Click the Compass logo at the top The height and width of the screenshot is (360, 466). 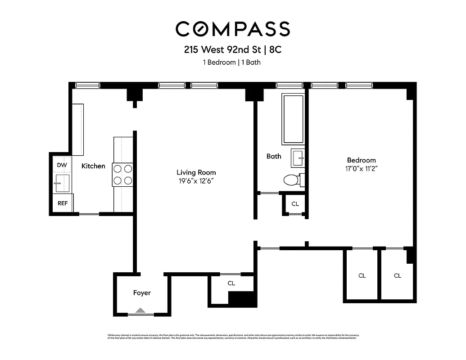[x=232, y=29]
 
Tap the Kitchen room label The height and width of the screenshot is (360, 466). [x=93, y=166]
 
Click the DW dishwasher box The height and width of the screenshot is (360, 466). [x=62, y=165]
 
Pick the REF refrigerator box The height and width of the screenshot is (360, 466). [x=63, y=203]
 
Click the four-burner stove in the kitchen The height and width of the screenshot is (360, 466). [x=123, y=175]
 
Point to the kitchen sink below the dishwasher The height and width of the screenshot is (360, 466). [x=62, y=184]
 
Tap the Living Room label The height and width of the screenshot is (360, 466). [x=196, y=172]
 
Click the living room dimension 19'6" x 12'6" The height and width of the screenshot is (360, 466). [x=196, y=181]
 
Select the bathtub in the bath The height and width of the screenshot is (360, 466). [x=293, y=119]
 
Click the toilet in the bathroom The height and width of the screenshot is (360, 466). [x=293, y=180]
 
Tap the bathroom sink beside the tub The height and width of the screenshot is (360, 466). [x=298, y=158]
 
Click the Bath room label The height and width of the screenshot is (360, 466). [x=274, y=157]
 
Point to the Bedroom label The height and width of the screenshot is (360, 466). [x=361, y=160]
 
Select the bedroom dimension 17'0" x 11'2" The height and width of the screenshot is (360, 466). [x=361, y=169]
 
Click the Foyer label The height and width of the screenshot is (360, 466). [x=142, y=293]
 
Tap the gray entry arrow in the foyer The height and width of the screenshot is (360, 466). [x=141, y=310]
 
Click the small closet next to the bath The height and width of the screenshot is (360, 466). [x=295, y=204]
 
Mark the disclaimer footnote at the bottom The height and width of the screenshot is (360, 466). [x=232, y=336]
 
